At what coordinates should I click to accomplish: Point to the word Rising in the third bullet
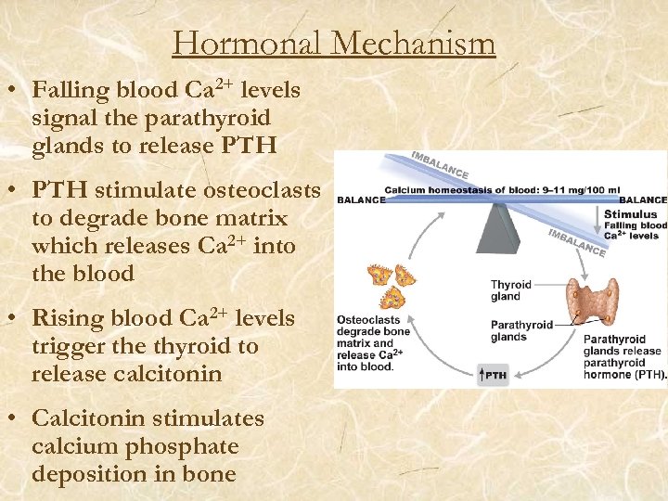tap(67, 318)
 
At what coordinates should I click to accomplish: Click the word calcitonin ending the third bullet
tap(173, 374)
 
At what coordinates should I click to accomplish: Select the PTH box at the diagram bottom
tap(494, 375)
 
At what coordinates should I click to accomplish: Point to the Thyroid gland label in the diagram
tap(511, 291)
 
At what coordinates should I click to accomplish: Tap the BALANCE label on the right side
tap(643, 199)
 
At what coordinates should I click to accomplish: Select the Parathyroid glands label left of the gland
tap(521, 331)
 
